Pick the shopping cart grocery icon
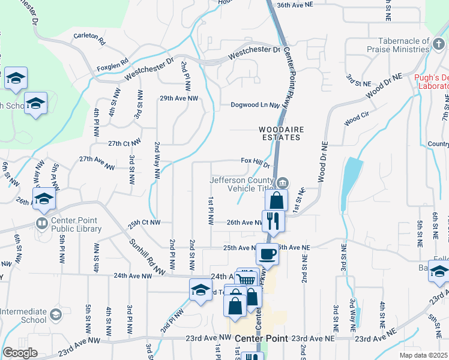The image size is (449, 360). click(x=247, y=279)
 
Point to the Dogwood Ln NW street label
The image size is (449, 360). click(x=256, y=105)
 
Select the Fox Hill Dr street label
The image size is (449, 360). click(x=256, y=161)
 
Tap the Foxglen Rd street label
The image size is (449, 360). click(x=112, y=61)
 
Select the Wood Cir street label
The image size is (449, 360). click(x=355, y=116)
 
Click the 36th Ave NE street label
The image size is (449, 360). click(x=295, y=5)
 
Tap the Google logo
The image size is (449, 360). click(x=20, y=353)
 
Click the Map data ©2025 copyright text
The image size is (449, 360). click(x=424, y=355)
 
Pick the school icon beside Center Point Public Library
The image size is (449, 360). click(x=44, y=199)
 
